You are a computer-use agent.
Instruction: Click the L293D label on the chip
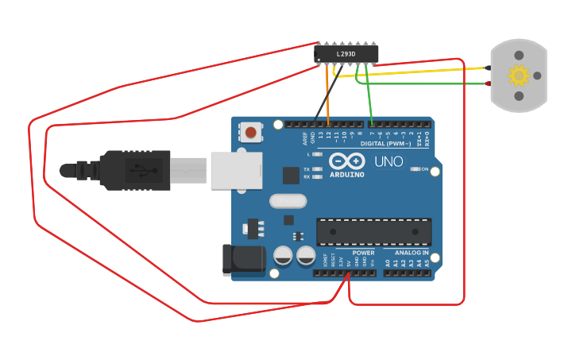[346, 54]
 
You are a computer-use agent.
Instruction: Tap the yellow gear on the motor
[519, 75]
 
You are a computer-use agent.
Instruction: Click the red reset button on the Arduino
[252, 132]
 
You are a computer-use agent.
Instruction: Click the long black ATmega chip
[374, 231]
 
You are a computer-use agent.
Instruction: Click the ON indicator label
[424, 169]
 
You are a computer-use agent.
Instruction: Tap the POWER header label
[363, 253]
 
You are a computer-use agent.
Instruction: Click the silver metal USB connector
[236, 171]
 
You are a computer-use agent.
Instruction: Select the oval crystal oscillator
[288, 201]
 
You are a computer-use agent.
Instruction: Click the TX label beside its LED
[307, 169]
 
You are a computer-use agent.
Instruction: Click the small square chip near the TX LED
[290, 174]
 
